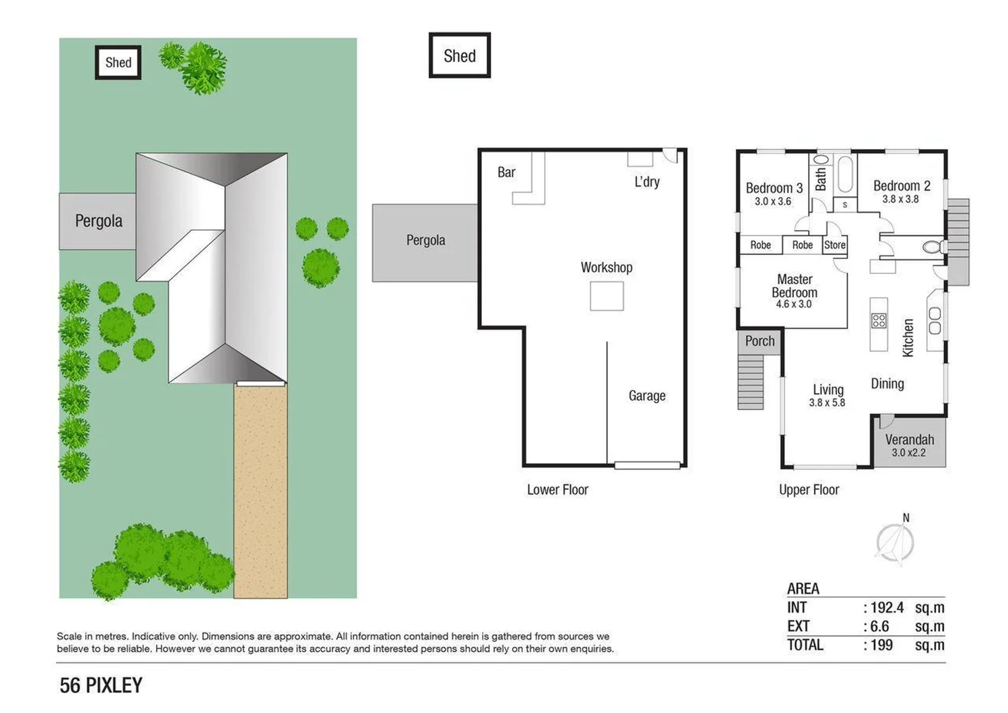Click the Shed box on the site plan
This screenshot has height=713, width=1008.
(x=118, y=63)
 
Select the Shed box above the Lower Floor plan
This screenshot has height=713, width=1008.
(x=459, y=55)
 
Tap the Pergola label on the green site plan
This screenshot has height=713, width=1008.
(x=98, y=221)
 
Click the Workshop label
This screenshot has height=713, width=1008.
(x=606, y=267)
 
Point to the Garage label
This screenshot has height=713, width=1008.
(x=646, y=395)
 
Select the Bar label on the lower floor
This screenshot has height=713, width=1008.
(x=506, y=172)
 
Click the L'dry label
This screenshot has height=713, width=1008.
(x=646, y=182)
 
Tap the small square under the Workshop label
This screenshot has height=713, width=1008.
(x=607, y=296)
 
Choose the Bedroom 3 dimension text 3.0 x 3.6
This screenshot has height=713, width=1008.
(x=772, y=201)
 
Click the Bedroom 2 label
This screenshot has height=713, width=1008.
(x=901, y=186)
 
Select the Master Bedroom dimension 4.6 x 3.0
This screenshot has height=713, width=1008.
(x=793, y=304)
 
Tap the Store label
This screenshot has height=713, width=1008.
(x=834, y=245)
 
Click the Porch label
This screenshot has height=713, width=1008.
(x=760, y=341)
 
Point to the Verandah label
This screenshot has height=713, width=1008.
(x=909, y=440)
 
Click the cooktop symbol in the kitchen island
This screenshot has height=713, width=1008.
(x=879, y=321)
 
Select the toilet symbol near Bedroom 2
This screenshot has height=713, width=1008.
(x=932, y=248)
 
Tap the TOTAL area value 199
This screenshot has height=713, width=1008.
(x=881, y=645)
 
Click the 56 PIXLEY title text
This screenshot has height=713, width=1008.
(x=101, y=686)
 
